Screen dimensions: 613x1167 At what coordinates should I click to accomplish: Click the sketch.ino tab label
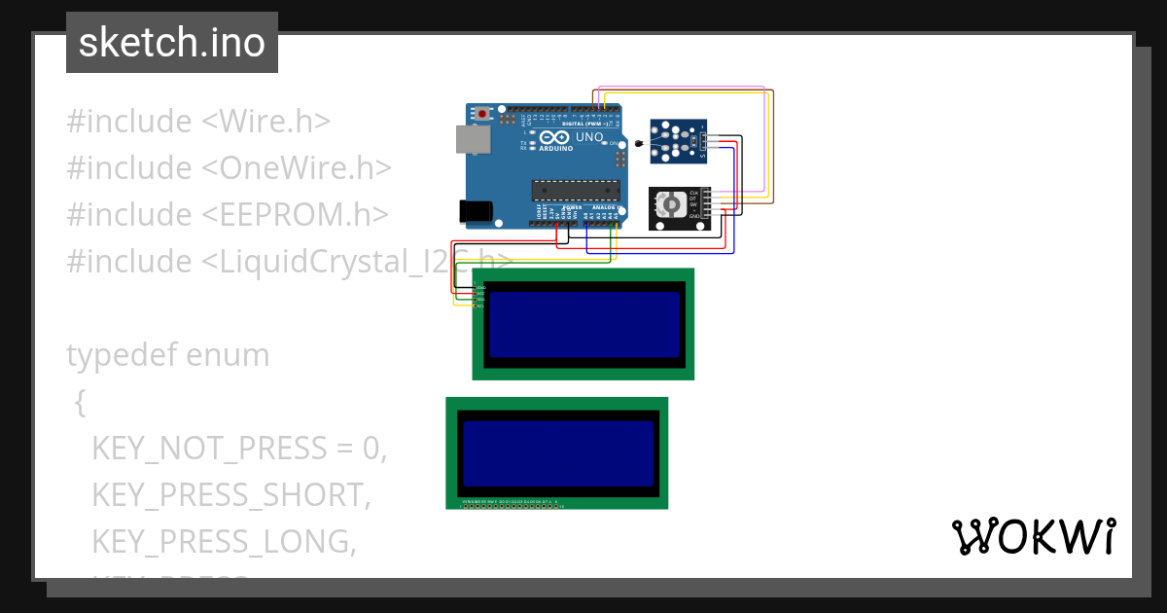(172, 43)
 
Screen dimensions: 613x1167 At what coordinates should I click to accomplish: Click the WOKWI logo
(1032, 536)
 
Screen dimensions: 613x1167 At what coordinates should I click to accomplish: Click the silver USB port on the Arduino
(474, 140)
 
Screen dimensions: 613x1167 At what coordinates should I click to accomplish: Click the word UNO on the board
(589, 138)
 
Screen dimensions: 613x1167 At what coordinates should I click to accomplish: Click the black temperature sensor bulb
(638, 145)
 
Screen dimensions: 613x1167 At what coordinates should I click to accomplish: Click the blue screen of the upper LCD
(583, 324)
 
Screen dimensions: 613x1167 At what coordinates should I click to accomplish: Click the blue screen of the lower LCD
(557, 453)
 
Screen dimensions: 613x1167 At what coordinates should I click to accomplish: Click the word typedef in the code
(123, 355)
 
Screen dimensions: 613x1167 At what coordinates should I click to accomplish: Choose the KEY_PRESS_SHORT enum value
(231, 495)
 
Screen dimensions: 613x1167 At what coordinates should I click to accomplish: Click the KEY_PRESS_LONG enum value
(224, 541)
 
